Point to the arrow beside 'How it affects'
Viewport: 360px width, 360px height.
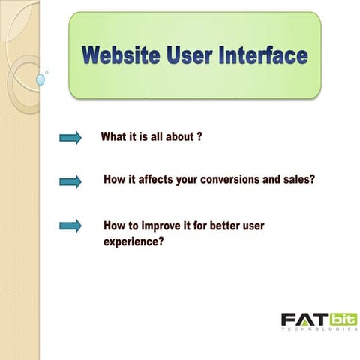click(x=70, y=181)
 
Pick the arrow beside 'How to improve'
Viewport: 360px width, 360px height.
click(x=70, y=226)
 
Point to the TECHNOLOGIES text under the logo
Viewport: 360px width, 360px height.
click(x=319, y=329)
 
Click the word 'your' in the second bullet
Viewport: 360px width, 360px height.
click(x=190, y=181)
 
